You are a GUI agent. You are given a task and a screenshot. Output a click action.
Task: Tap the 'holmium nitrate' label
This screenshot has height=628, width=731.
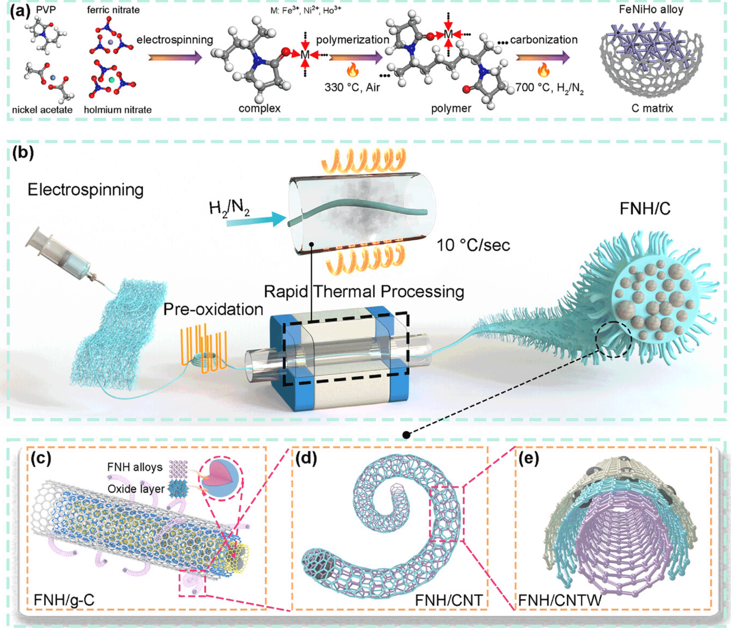click(117, 110)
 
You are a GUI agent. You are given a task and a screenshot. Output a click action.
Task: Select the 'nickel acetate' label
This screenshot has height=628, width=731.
click(42, 110)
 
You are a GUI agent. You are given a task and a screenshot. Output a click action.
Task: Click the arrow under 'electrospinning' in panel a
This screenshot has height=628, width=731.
click(175, 57)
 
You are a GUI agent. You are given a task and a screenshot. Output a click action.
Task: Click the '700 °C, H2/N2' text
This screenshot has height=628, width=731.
click(549, 89)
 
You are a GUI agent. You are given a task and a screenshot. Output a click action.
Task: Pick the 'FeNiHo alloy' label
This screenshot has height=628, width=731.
click(651, 9)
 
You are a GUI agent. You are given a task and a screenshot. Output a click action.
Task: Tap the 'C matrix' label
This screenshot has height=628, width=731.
click(652, 108)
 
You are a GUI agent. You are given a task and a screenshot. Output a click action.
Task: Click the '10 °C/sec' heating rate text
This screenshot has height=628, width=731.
click(473, 245)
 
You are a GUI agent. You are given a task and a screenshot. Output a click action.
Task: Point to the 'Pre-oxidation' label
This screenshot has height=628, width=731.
click(213, 309)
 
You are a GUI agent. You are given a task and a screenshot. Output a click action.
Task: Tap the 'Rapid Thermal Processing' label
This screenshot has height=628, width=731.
click(364, 291)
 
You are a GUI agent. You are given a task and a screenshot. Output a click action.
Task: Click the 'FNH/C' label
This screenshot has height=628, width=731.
click(645, 209)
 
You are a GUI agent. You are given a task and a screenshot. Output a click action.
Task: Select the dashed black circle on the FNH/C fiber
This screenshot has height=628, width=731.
click(614, 340)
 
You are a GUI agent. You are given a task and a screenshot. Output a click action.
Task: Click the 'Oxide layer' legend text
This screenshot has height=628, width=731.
click(136, 489)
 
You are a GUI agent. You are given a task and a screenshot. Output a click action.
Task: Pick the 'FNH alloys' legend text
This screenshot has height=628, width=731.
click(135, 467)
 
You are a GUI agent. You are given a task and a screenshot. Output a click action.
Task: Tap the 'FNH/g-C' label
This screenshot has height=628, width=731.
click(64, 600)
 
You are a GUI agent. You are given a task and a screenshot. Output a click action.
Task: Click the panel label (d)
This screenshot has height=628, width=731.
click(306, 459)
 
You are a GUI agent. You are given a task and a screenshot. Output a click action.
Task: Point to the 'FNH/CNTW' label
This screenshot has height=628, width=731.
click(560, 600)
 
